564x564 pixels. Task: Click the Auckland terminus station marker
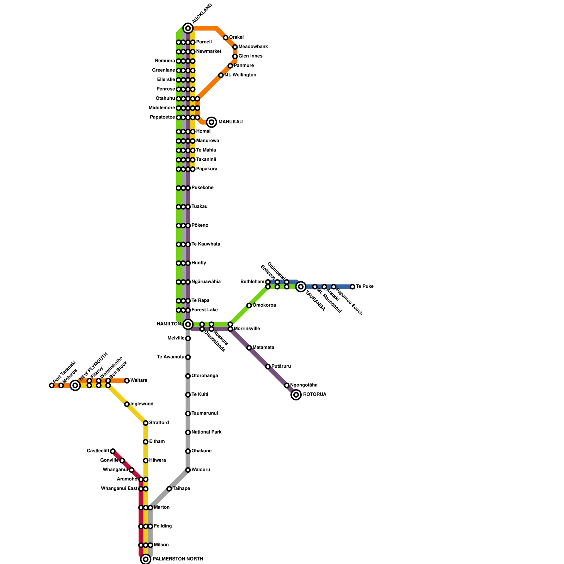[188, 28]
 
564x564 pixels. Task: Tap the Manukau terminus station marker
[211, 122]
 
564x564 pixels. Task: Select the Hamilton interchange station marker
[188, 324]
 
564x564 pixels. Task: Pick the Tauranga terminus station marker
[301, 287]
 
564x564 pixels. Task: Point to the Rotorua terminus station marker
[296, 395]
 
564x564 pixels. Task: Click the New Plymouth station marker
[75, 385]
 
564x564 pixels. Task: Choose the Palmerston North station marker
[146, 559]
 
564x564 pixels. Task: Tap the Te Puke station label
[364, 287]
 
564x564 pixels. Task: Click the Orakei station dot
[226, 38]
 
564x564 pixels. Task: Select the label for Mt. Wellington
[240, 75]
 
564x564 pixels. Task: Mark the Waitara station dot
[127, 381]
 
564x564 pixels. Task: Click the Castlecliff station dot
[113, 451]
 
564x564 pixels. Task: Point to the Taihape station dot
[169, 489]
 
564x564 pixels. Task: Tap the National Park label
[206, 432]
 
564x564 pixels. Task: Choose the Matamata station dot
[249, 348]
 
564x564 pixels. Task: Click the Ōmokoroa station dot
[249, 306]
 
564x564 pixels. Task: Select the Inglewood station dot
[127, 404]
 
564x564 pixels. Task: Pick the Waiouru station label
[201, 470]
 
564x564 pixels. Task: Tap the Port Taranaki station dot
[52, 385]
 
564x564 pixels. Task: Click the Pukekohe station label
[202, 188]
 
